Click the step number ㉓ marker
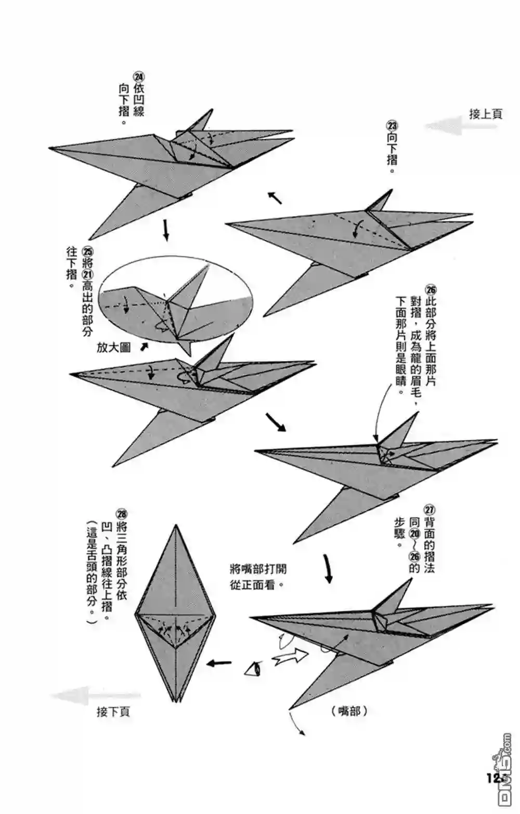392,126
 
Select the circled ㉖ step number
431,290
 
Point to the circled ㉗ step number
430,510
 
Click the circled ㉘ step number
122,514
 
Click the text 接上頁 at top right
486,114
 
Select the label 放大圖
113,347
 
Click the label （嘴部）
349,711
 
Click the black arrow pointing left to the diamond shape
219,663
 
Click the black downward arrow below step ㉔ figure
166,229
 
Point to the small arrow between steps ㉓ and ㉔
275,197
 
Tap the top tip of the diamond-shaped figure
175,526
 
